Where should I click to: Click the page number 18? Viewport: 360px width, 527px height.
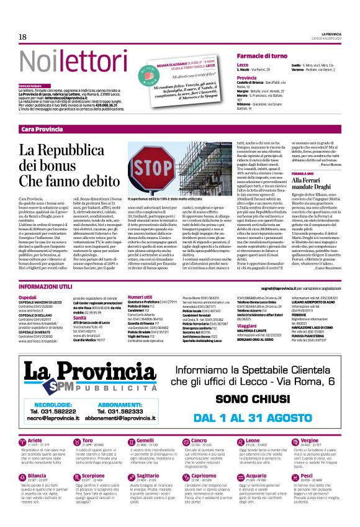(x=22, y=37)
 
